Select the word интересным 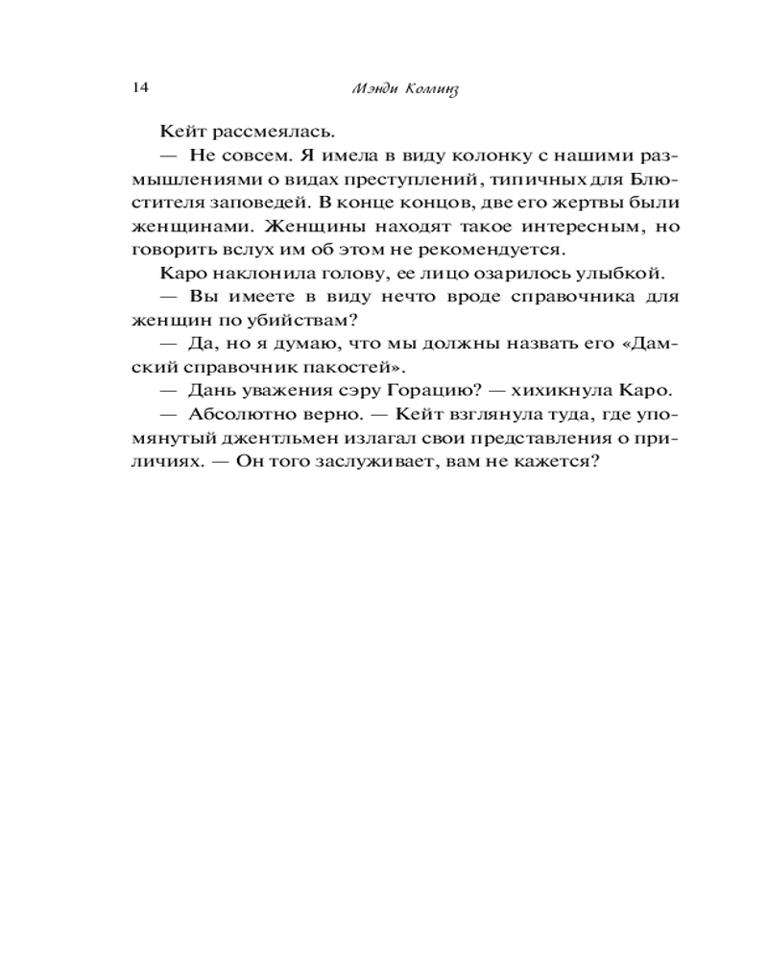[x=561, y=227]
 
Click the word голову [x=335, y=274]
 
